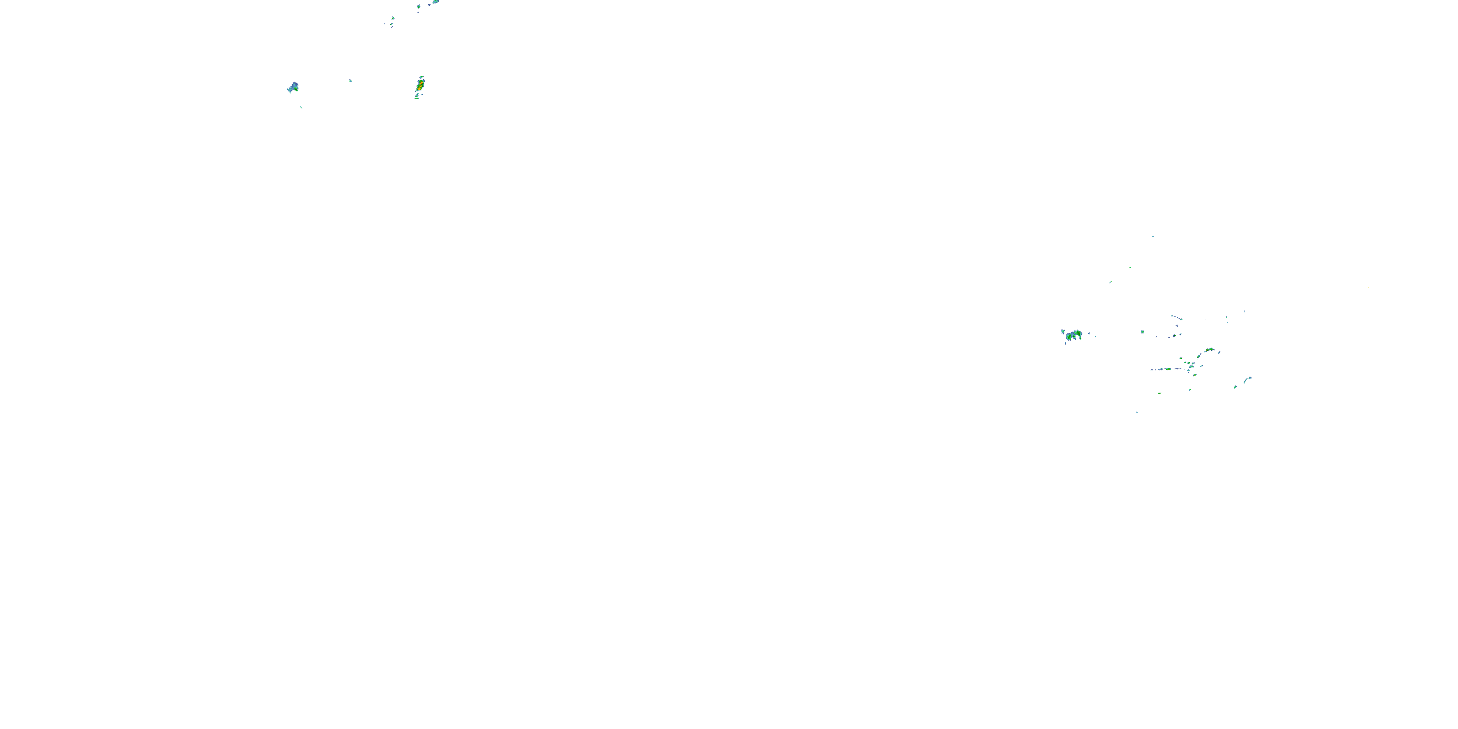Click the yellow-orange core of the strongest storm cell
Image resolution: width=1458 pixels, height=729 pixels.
pyautogui.click(x=419, y=86)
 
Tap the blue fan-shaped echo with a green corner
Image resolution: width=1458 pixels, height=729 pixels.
pyautogui.click(x=293, y=88)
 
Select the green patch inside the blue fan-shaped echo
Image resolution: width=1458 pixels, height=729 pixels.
pyautogui.click(x=296, y=88)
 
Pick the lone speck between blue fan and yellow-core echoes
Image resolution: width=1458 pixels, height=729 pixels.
pyautogui.click(x=350, y=81)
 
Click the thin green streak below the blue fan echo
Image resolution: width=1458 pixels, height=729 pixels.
pyautogui.click(x=301, y=107)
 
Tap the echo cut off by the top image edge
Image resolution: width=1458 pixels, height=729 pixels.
pyautogui.click(x=434, y=1)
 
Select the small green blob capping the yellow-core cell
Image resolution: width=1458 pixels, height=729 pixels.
pyautogui.click(x=422, y=77)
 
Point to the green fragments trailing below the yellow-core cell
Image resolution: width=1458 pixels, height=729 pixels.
pyautogui.click(x=417, y=97)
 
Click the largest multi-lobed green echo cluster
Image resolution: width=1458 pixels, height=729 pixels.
pyautogui.click(x=1073, y=336)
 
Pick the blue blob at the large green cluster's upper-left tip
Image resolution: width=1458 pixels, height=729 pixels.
pyautogui.click(x=1063, y=331)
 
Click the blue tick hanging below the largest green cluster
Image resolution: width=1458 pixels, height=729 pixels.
pyautogui.click(x=1065, y=343)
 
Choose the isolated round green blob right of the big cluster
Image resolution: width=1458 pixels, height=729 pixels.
pyautogui.click(x=1142, y=331)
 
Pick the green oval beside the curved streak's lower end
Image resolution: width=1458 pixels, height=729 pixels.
pyautogui.click(x=1235, y=387)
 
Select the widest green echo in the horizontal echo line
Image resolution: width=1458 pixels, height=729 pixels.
pyautogui.click(x=1168, y=369)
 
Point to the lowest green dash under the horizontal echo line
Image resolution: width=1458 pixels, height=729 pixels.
pyautogui.click(x=1160, y=393)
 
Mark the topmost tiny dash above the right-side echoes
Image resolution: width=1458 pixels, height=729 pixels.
pyautogui.click(x=1153, y=237)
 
